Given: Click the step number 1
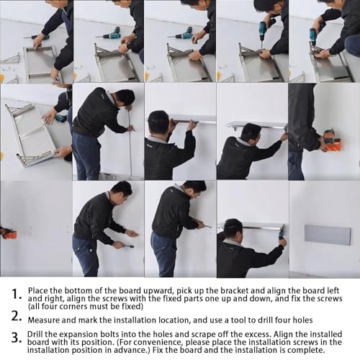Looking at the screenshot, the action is click(16, 294).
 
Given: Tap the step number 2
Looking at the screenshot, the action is click(16, 316).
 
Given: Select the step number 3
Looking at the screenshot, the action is click(17, 338).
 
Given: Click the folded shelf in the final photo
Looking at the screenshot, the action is click(328, 235).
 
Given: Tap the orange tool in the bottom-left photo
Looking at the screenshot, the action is click(9, 233).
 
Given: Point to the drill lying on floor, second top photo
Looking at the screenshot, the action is click(109, 34).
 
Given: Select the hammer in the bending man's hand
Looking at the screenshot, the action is click(125, 246).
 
